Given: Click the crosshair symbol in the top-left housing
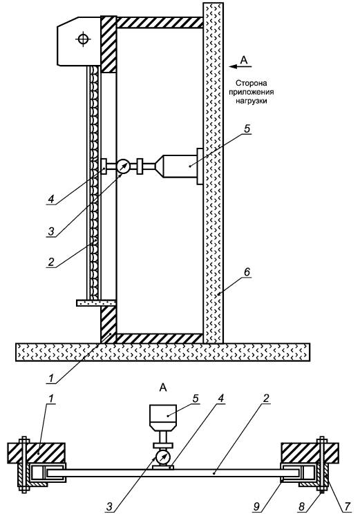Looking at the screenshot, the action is (83, 39).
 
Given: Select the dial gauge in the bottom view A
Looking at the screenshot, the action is (162, 457).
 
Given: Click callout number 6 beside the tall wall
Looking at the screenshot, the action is (247, 272).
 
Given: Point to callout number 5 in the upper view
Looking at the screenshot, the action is (247, 128).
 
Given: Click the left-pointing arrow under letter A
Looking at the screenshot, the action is (240, 66).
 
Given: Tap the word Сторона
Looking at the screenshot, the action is (251, 83).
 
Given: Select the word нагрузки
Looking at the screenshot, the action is (251, 101).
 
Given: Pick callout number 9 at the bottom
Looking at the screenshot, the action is (256, 506).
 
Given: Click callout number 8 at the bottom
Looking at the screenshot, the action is (301, 506).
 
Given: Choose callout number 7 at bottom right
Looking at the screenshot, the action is (347, 506).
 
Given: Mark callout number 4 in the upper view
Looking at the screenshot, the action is (50, 200).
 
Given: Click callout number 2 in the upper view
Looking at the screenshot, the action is (50, 262).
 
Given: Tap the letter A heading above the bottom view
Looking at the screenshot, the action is (163, 388).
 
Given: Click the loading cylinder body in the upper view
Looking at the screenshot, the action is (180, 166).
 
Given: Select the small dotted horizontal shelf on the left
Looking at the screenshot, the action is (96, 303).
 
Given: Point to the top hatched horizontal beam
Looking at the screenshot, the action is (160, 22).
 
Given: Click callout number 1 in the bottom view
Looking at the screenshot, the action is (50, 399).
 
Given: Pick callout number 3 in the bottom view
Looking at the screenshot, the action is (110, 506).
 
